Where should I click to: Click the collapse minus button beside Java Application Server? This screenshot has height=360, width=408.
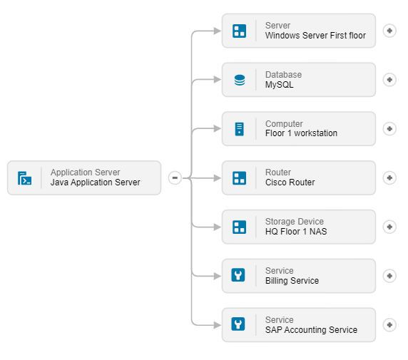[x=175, y=178]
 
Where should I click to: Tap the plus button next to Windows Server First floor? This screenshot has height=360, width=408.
[x=389, y=31]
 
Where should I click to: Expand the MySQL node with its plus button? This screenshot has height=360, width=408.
[x=389, y=80]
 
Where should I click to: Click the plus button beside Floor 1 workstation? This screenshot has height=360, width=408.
[x=389, y=129]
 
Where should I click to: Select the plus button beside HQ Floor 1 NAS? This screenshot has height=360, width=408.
[x=389, y=227]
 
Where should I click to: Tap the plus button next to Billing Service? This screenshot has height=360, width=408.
[x=389, y=276]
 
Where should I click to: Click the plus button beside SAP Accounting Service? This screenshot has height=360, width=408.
[x=389, y=325]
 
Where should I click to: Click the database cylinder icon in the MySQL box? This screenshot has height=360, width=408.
[x=240, y=80]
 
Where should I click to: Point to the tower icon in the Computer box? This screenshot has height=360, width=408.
[x=240, y=129]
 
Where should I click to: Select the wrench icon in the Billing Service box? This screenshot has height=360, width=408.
[x=238, y=275]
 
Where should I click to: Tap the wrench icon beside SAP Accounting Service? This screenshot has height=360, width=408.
[x=238, y=324]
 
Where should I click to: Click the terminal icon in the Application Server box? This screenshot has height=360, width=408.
[x=24, y=178]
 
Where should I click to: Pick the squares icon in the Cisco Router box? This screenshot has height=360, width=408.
[x=240, y=178]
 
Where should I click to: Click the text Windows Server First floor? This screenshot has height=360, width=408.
[x=315, y=36]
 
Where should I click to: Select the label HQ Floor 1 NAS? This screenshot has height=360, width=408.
[x=296, y=232]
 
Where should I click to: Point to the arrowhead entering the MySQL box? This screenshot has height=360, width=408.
[x=218, y=79]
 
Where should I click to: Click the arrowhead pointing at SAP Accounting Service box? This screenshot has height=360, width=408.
[x=218, y=325]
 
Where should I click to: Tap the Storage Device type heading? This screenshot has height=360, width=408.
[x=295, y=222]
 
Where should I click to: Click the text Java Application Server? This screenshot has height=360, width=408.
[x=96, y=182]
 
